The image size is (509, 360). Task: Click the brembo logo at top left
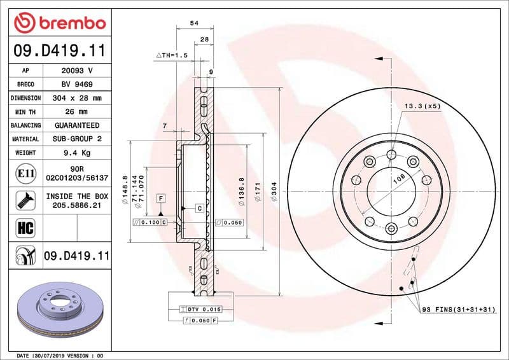pos(59,23)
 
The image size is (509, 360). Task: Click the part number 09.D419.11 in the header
pos(59,51)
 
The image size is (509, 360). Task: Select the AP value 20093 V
pos(77,71)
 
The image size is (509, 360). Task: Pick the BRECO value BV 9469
pos(77,85)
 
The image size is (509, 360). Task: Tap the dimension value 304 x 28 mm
pos(77,98)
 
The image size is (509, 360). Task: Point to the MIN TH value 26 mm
pos(77,112)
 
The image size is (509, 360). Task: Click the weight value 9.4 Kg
pos(77,153)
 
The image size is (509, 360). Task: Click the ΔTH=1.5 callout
pos(172,56)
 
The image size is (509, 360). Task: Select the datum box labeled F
pos(161,198)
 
